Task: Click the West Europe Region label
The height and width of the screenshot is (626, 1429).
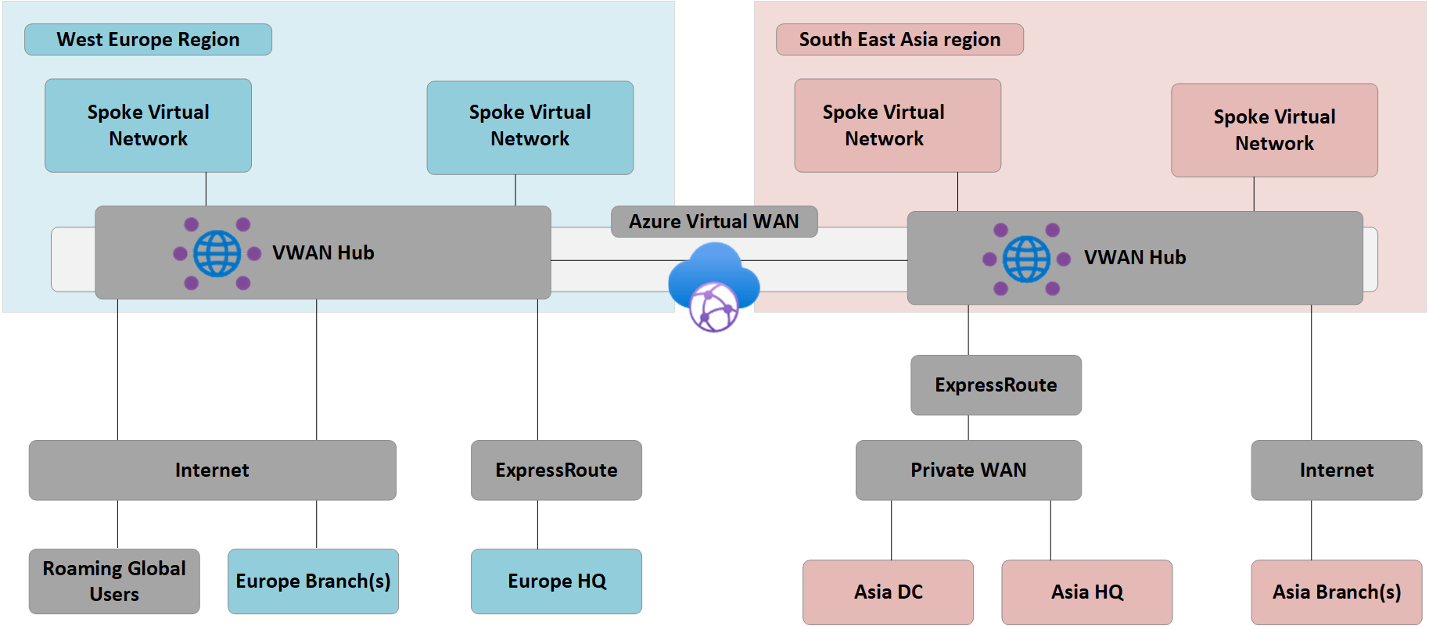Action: [148, 40]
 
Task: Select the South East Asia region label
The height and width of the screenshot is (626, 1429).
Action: [899, 40]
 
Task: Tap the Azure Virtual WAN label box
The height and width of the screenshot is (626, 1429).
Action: [713, 222]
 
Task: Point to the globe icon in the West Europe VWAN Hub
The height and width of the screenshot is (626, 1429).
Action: [217, 254]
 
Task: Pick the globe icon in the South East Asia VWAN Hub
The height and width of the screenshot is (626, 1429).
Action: [1026, 259]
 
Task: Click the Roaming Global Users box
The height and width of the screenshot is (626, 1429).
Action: [114, 581]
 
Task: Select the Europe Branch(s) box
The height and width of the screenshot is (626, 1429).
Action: [313, 581]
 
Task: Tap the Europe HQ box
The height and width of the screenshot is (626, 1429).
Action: [556, 581]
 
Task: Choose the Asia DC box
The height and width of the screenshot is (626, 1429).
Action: [888, 592]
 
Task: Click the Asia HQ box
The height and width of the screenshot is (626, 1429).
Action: [1086, 592]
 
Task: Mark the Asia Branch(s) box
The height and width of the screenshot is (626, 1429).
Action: [1336, 592]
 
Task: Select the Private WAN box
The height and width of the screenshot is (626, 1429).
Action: [968, 470]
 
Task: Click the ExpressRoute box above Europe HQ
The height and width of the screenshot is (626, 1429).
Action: [556, 470]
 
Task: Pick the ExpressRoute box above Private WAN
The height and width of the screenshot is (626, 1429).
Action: [996, 385]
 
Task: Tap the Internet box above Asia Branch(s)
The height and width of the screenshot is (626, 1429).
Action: [1336, 470]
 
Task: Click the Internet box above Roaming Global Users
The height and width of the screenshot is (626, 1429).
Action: [212, 470]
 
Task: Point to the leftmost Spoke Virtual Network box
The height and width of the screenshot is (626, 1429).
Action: [148, 126]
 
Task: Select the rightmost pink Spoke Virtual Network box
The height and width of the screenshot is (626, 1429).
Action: [1274, 131]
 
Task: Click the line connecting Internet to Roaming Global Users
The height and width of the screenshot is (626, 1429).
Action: [118, 524]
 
